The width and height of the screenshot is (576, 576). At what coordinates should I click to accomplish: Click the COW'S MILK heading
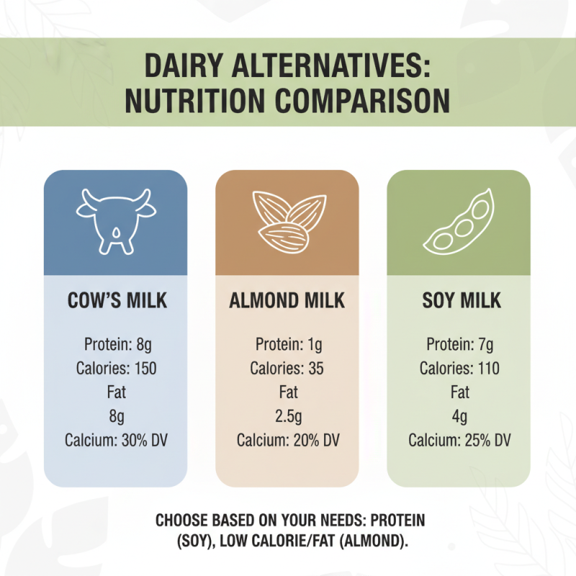coord(117,300)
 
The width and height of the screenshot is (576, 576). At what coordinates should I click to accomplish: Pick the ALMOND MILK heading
coord(287,300)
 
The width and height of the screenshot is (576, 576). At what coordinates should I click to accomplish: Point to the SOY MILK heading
coord(459,300)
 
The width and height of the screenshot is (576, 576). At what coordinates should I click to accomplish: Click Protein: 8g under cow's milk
coord(117,344)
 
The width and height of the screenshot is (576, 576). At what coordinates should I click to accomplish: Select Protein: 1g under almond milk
coord(287,344)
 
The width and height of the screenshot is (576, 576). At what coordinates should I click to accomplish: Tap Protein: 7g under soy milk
coord(459,344)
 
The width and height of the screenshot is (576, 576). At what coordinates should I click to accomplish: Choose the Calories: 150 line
coord(117,369)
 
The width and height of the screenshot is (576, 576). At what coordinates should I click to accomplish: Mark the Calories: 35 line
coord(287,369)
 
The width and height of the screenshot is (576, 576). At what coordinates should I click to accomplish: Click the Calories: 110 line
coord(459,369)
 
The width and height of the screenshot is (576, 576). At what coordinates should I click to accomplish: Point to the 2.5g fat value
coord(287,417)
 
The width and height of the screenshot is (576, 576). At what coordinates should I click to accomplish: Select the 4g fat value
coord(459,417)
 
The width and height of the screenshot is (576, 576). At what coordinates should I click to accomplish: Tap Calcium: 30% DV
coord(117,441)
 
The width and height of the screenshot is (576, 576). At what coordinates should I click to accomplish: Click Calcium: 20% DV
coord(287,441)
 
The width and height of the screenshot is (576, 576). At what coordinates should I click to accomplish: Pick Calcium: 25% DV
coord(459,441)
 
